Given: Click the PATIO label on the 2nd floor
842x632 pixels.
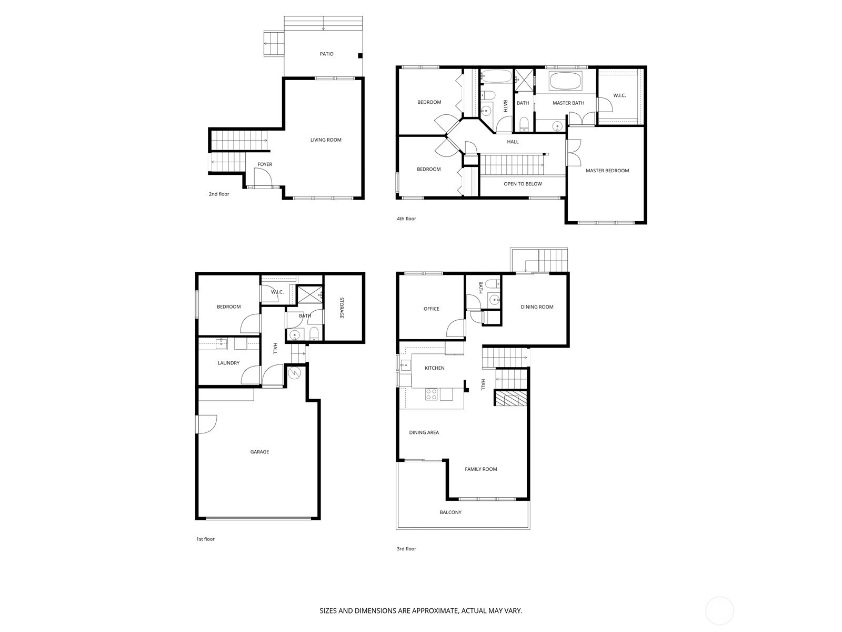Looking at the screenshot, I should click(x=326, y=54).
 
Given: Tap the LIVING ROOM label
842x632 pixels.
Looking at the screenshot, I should click(x=326, y=140).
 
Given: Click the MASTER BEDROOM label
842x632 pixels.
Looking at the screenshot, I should click(x=607, y=170).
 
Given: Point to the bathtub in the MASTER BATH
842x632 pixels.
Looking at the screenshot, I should click(x=565, y=81).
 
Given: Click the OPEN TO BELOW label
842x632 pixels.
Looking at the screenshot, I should click(x=523, y=184).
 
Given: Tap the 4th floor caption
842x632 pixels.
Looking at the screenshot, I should click(x=406, y=219).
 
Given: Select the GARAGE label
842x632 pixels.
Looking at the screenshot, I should click(x=259, y=451).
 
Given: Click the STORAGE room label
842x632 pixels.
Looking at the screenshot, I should click(x=342, y=308).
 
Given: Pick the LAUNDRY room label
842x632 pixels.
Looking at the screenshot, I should click(x=228, y=363).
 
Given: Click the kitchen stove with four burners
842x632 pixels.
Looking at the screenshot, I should click(x=431, y=394).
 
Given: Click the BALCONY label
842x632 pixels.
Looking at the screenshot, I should click(x=450, y=512).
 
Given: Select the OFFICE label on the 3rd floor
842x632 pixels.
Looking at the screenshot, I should click(x=431, y=309).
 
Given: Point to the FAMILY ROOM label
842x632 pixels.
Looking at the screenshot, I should click(x=480, y=469).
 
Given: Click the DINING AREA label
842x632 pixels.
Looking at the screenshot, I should click(x=424, y=432).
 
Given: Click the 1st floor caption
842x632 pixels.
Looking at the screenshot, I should click(x=205, y=539).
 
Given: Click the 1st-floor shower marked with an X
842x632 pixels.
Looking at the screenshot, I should click(x=309, y=294).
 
